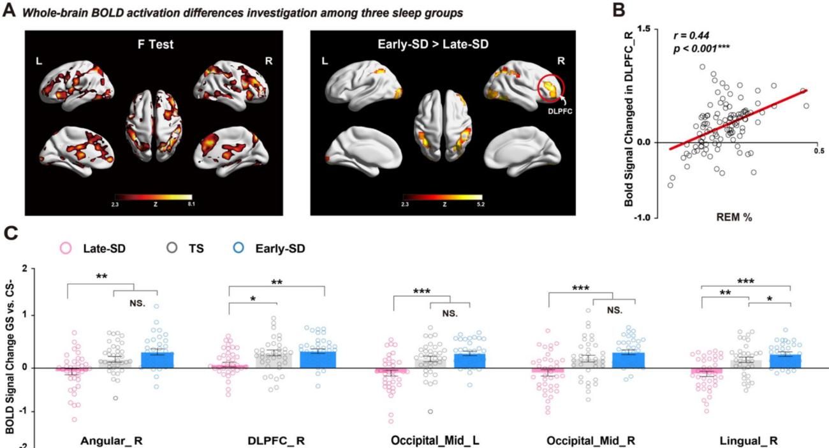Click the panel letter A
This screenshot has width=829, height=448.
click(x=8, y=13)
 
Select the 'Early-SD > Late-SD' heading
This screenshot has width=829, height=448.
click(x=445, y=45)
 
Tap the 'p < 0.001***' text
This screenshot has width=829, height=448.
click(x=700, y=49)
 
